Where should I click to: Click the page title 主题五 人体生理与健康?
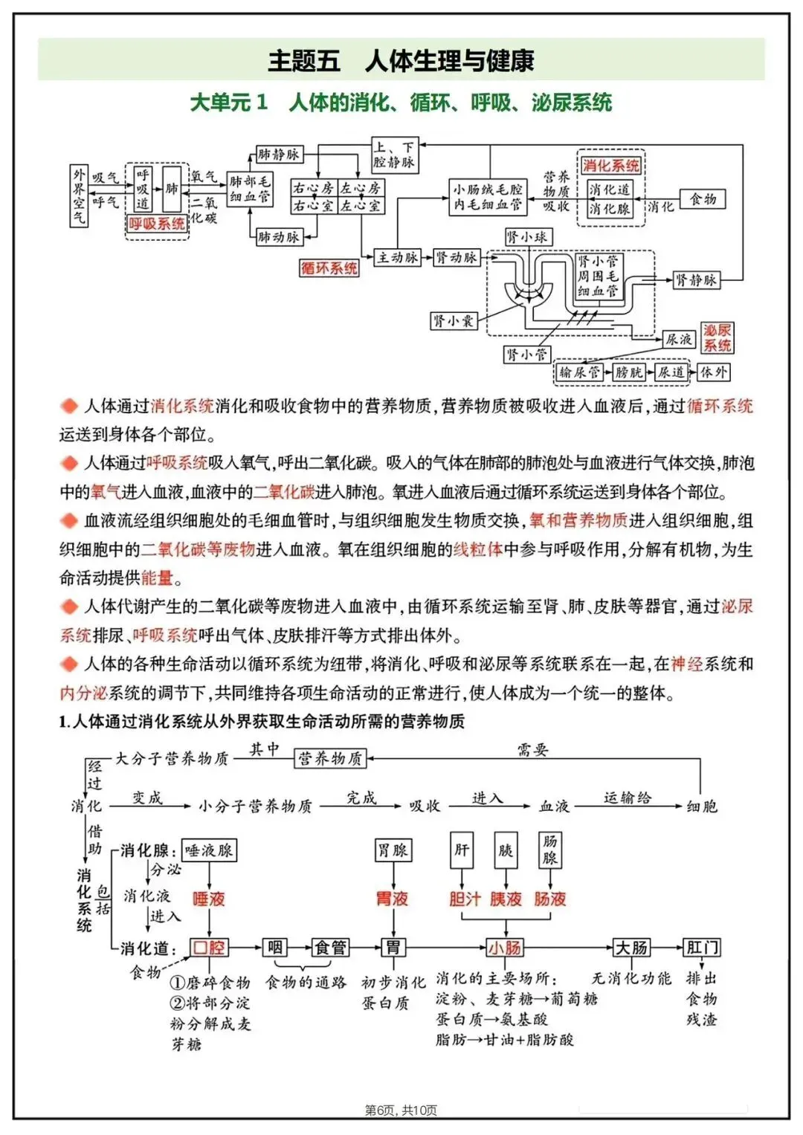coord(401,60)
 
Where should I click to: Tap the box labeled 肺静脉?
coord(278,155)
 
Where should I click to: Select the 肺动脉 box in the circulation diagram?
coord(278,237)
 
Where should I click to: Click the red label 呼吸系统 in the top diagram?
coord(157,224)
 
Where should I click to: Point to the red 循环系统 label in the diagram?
coord(329,268)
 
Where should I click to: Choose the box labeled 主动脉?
coord(398,257)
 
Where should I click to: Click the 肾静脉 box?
coord(696,279)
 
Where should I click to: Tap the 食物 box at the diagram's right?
coord(703,199)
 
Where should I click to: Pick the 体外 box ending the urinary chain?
coord(713,372)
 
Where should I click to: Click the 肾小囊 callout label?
coord(453,321)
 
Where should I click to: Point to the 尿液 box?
coord(678,340)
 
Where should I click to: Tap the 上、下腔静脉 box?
coord(395,155)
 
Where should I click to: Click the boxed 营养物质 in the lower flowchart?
coord(330,758)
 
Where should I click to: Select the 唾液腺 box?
coord(209,850)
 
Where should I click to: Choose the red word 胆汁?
coord(465,899)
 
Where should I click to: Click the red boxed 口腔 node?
coord(209,948)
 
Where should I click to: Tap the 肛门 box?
coord(702,948)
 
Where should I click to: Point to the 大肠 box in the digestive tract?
coord(631,948)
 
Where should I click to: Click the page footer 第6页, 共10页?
coord(401,1110)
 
